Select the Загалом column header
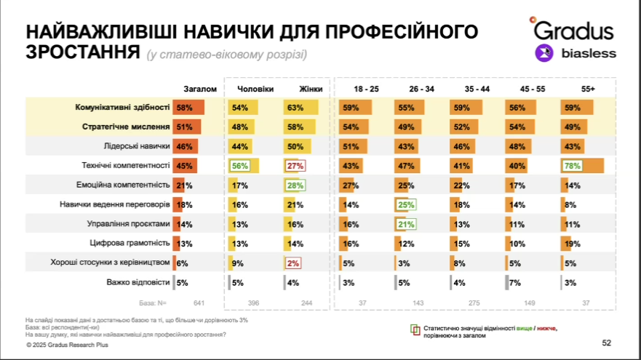click(x=200, y=89)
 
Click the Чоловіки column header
click(x=255, y=89)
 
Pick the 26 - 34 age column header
click(x=421, y=89)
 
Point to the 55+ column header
click(x=587, y=89)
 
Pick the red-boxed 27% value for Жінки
click(x=295, y=166)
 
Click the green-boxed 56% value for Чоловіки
click(x=239, y=166)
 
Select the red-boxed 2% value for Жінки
click(x=293, y=263)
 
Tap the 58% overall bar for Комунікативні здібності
click(x=188, y=108)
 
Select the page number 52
click(x=607, y=343)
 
